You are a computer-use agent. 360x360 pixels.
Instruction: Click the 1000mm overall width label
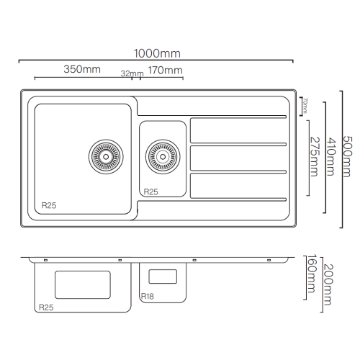coord(157,53)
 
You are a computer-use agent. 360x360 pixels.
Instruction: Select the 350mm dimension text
coord(82,69)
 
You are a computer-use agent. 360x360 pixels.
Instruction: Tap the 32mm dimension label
coord(132,73)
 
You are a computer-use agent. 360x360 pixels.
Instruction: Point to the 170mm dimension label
coord(166,71)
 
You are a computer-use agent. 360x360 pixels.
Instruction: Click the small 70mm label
coord(305,105)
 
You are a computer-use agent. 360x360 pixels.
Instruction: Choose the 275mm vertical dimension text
coord(315,157)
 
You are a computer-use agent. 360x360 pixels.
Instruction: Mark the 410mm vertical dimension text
coord(330,156)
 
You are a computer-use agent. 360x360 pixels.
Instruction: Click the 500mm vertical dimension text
coord(347,156)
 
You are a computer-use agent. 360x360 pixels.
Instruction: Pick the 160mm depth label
coord(312,274)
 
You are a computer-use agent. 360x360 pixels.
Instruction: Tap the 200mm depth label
coord(328,284)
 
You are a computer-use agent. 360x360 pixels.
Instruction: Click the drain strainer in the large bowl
coord(106,157)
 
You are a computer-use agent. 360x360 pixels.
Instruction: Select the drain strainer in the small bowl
coord(163,157)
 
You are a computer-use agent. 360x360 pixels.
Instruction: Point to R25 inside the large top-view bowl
coord(49,205)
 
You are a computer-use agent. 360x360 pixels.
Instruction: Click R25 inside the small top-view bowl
coord(150,192)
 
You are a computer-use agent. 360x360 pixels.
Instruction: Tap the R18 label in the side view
coord(148,297)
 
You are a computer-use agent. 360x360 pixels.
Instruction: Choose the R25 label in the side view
coord(46,307)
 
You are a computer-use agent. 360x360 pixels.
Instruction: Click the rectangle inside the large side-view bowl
coord(83,285)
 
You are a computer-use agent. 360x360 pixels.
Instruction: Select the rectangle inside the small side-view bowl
coord(163,276)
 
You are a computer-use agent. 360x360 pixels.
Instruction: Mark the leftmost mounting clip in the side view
coord(45,260)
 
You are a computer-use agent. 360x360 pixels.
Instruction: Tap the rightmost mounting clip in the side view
coord(269,260)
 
